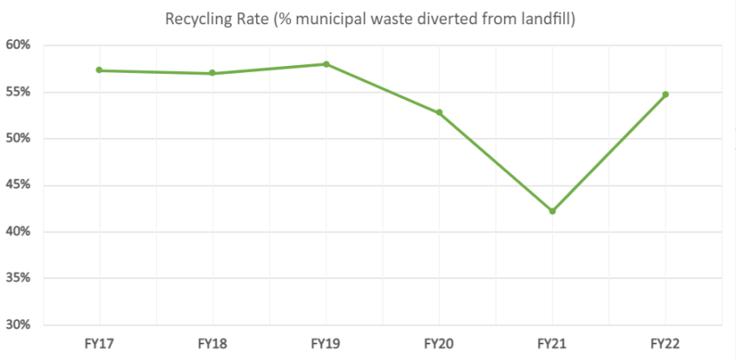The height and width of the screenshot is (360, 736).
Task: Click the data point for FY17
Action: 100,70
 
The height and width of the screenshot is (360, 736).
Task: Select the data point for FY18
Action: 213,73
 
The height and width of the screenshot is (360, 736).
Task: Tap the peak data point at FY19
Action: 325,64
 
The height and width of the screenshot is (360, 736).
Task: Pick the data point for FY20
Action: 439,113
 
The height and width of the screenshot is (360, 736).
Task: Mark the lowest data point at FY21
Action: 552,211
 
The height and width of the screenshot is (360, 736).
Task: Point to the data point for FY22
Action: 666,95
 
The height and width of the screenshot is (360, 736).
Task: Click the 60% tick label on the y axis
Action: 19,45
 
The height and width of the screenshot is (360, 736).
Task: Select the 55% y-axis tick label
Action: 19,92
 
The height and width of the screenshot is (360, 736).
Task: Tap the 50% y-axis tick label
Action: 19,139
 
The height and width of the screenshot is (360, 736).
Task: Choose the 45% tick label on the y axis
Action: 19,186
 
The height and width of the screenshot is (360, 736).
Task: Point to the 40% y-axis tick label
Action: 19,232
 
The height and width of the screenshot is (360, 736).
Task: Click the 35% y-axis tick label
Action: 19,279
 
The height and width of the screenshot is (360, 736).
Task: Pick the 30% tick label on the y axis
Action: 19,325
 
